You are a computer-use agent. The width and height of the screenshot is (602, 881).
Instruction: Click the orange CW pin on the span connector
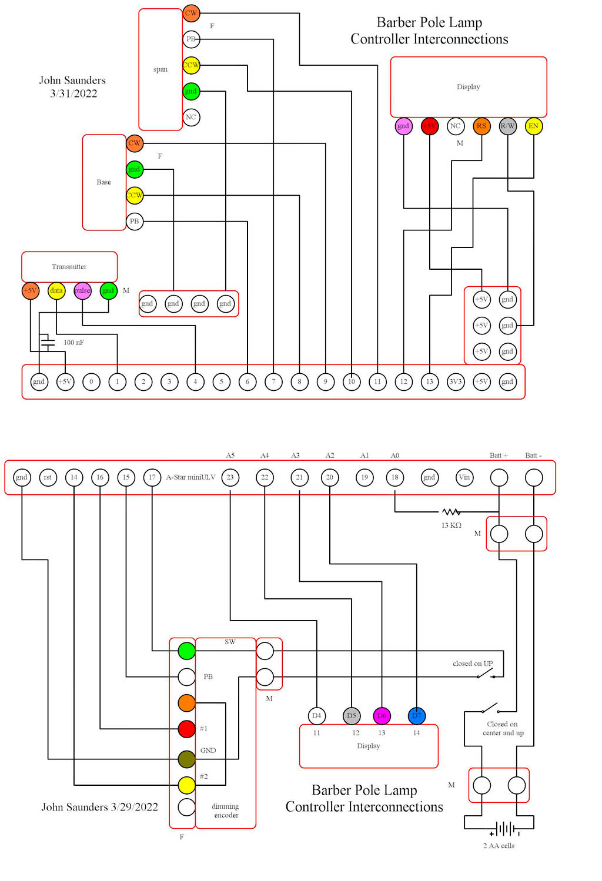point(191,13)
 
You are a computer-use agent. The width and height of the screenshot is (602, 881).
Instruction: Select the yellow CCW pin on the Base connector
point(135,195)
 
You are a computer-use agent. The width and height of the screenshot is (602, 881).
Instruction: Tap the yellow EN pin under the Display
point(533,126)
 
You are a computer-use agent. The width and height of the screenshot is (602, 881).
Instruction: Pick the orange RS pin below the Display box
point(481,126)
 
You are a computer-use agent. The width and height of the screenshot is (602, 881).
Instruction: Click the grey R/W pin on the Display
point(507,126)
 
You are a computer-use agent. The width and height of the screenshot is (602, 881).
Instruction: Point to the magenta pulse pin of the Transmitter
point(82,290)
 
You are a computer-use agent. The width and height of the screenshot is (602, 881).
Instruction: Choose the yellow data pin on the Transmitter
point(56,290)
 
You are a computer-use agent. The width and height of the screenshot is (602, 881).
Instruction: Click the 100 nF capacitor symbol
point(47,341)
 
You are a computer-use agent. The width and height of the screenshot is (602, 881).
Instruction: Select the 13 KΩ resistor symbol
point(451,512)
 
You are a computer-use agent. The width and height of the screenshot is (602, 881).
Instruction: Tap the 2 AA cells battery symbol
point(504,829)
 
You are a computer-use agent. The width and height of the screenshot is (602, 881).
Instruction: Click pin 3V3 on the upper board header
point(456,381)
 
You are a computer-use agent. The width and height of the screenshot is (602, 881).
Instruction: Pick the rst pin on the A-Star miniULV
point(48,477)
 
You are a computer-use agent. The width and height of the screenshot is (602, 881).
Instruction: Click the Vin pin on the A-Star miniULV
point(464,477)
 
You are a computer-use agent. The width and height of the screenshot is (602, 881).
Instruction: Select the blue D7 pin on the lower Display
point(416,715)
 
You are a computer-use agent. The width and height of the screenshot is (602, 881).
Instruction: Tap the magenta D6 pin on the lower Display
point(382,715)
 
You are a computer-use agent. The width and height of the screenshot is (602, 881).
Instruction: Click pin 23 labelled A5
point(230,477)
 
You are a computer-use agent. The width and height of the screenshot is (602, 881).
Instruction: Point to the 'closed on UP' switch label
point(473,664)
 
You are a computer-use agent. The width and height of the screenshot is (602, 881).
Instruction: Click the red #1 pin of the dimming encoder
point(186,729)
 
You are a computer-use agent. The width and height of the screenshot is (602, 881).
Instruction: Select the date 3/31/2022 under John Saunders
point(73,93)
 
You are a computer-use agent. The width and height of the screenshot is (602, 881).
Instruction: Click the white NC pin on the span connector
point(191,117)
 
